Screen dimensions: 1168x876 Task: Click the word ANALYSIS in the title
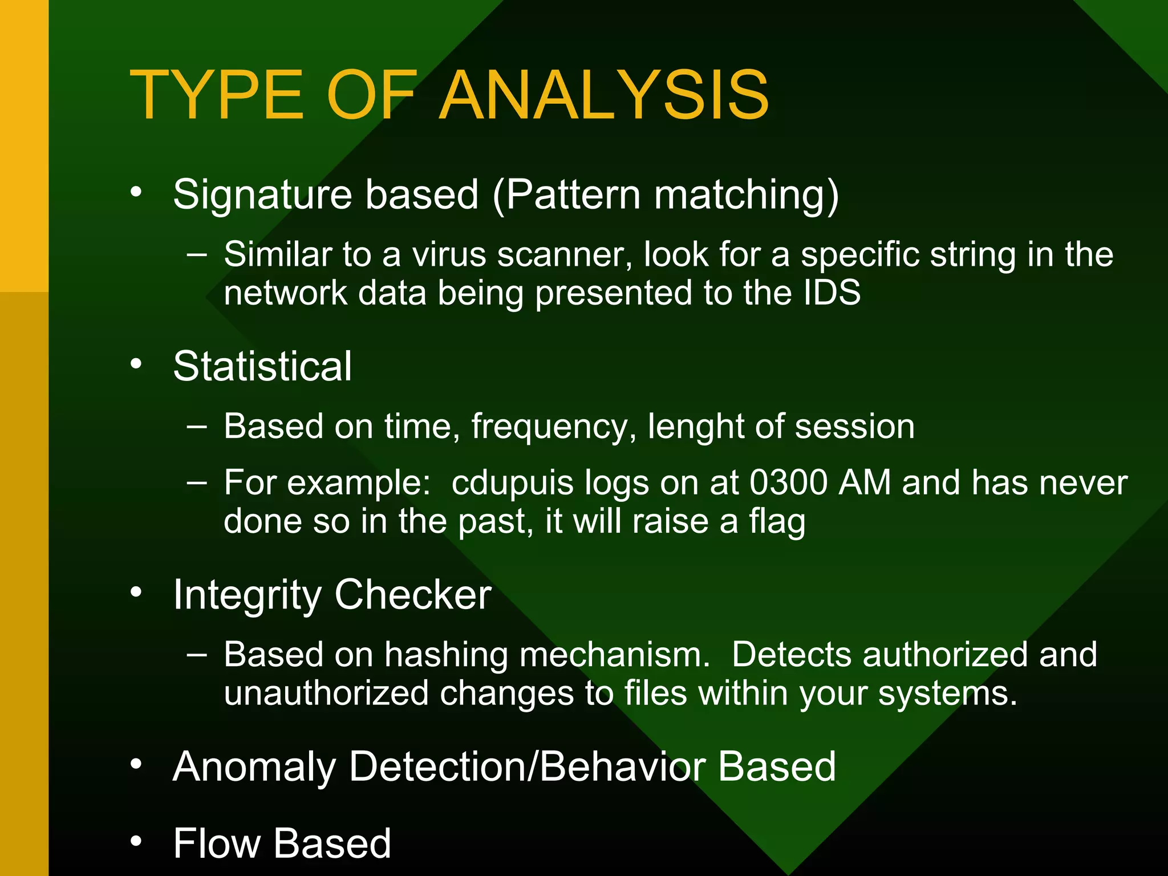pos(604,95)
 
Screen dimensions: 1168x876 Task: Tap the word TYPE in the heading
pos(217,95)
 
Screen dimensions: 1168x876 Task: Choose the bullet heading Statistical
pos(262,366)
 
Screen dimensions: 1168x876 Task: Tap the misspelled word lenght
pos(695,427)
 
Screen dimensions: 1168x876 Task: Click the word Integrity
pos(248,595)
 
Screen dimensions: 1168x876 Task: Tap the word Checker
pos(413,594)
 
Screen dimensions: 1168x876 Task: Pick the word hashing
pos(446,655)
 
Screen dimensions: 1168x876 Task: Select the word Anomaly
pos(254,766)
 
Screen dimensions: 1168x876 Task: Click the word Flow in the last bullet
pos(217,843)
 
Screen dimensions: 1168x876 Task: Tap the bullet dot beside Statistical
pos(136,364)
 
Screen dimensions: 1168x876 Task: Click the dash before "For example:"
pos(197,482)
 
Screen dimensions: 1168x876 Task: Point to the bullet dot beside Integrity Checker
pos(136,593)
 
